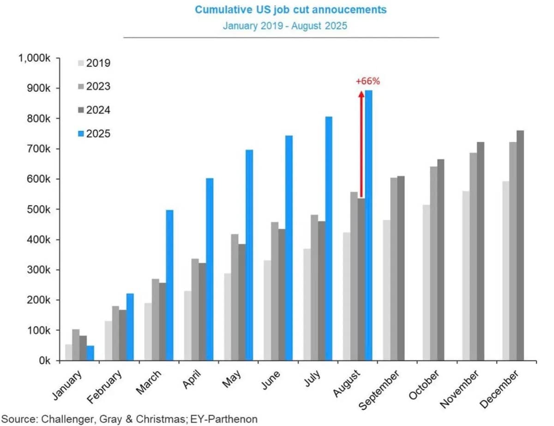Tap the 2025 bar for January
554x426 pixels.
tap(90, 353)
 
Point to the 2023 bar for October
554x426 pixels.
tap(433, 264)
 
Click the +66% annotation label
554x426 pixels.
tap(367, 81)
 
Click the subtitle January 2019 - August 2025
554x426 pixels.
tap(284, 25)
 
